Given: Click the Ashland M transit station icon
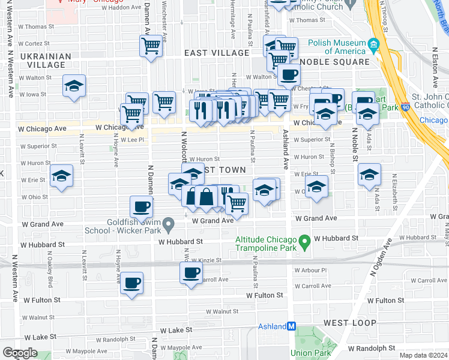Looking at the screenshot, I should (x=292, y=326).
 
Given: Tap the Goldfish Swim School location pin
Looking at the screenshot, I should (x=170, y=226).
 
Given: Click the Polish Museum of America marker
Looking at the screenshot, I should (x=373, y=46).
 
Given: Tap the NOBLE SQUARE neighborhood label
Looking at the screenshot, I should (x=334, y=62).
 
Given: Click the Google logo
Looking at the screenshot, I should (x=20, y=353).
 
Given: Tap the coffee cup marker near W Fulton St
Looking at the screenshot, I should (x=132, y=283).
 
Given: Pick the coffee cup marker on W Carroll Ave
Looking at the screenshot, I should (x=191, y=272).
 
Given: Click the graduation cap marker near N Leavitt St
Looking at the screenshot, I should (x=61, y=176).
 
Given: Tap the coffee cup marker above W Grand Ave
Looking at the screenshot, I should (x=141, y=207).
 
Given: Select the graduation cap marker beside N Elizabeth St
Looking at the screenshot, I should (x=369, y=175).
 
